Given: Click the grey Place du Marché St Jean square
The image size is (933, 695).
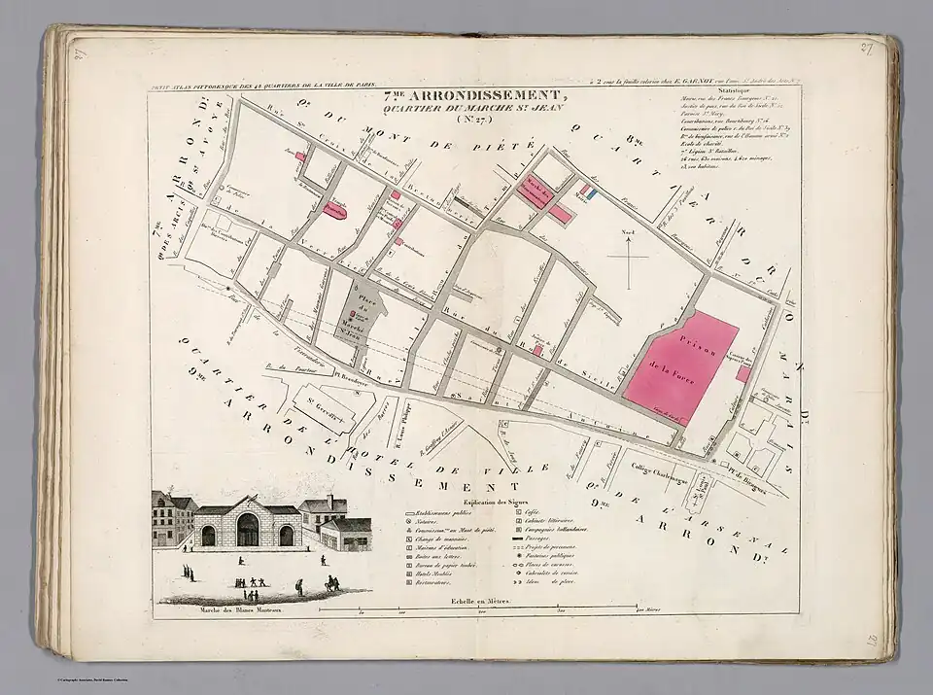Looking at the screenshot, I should [360, 311].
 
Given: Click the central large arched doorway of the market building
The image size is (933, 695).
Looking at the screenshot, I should [248, 529].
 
